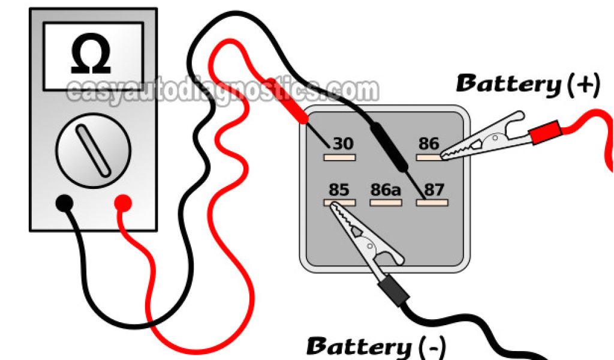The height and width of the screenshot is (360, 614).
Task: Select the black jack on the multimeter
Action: [x=65, y=204]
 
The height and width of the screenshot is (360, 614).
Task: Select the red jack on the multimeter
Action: [x=123, y=204]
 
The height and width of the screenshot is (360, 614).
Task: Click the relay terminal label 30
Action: [x=343, y=144]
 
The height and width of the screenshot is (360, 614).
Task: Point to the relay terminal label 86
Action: [x=429, y=144]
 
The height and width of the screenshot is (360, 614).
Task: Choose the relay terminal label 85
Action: [x=339, y=190]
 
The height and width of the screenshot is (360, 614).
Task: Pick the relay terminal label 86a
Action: [x=384, y=190]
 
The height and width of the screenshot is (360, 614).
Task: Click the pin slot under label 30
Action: [x=339, y=157]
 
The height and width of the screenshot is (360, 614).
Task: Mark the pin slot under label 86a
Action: [x=384, y=203]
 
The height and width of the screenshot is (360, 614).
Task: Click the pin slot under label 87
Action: [x=432, y=203]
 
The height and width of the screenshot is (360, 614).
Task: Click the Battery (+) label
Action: [x=528, y=85]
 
